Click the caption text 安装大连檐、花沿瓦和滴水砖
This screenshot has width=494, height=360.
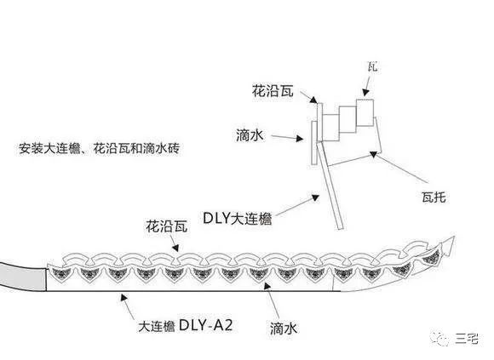tap(100, 148)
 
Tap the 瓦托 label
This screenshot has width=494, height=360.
tap(434, 197)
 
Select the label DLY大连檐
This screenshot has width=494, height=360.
tap(238, 218)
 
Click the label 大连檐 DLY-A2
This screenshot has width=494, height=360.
tap(186, 325)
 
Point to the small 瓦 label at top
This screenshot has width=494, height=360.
tap(372, 66)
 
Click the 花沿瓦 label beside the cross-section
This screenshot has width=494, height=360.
tap(273, 90)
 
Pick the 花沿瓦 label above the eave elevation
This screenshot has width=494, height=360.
tap(167, 226)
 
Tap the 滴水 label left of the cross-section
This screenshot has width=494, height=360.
tap(250, 135)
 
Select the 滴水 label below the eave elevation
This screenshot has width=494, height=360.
tap(284, 329)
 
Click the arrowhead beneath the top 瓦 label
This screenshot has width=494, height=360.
tap(365, 92)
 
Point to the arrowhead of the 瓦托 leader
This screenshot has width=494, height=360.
tap(373, 155)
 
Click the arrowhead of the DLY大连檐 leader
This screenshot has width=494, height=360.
tap(315, 197)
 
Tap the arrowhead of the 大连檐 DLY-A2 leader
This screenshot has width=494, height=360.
tap(124, 297)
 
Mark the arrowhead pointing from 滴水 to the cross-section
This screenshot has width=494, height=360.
tap(300, 139)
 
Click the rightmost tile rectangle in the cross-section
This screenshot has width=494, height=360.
tap(365, 112)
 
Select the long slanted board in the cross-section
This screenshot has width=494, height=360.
tap(330, 186)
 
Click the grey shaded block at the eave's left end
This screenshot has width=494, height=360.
tap(23, 277)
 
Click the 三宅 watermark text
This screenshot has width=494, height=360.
tap(467, 338)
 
